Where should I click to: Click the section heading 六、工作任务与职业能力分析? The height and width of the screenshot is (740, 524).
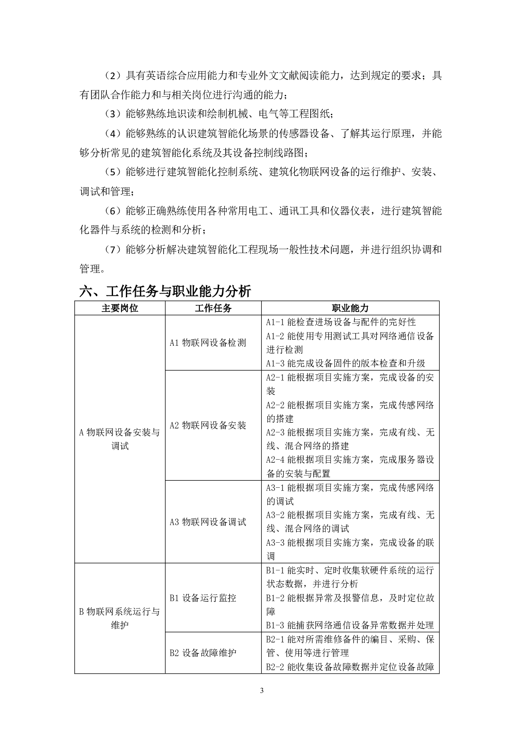(165, 291)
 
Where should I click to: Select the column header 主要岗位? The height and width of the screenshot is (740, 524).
(120, 308)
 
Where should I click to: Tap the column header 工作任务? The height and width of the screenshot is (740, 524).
(213, 308)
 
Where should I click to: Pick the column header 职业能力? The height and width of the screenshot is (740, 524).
(350, 308)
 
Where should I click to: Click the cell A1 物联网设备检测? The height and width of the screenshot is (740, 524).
(208, 343)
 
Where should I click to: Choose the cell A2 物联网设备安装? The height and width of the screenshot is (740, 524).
(208, 425)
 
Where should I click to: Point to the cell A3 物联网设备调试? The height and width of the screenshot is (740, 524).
(208, 522)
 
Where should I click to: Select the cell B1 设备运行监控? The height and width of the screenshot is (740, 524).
(203, 598)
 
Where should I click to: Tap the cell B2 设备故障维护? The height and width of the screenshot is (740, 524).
(203, 653)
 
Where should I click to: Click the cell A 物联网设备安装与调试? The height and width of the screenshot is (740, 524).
(120, 439)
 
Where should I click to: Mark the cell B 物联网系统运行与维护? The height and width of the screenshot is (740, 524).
(120, 618)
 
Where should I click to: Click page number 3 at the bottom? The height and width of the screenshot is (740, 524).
(262, 690)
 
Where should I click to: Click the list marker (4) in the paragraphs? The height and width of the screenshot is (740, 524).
(113, 134)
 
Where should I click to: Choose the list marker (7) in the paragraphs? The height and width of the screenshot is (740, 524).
(113, 250)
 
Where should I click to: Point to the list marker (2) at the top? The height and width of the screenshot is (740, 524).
(113, 76)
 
